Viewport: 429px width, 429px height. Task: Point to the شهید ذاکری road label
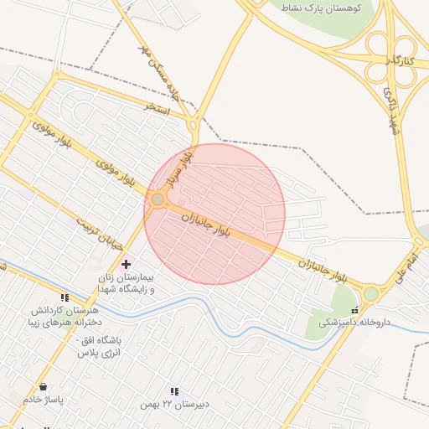point(391,108)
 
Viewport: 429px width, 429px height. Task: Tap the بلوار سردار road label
point(179,167)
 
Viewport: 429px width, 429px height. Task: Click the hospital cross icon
point(127,264)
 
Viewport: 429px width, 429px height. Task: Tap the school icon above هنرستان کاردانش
point(65,297)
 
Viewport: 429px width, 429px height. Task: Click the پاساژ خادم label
point(43,400)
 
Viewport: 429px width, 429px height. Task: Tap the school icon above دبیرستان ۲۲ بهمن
point(174,391)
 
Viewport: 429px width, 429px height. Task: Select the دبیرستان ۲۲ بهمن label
point(174,405)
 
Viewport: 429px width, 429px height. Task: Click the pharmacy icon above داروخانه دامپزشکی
point(354,310)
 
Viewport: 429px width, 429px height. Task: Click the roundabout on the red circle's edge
point(158,199)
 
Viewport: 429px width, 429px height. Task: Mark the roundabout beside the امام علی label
point(371,293)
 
